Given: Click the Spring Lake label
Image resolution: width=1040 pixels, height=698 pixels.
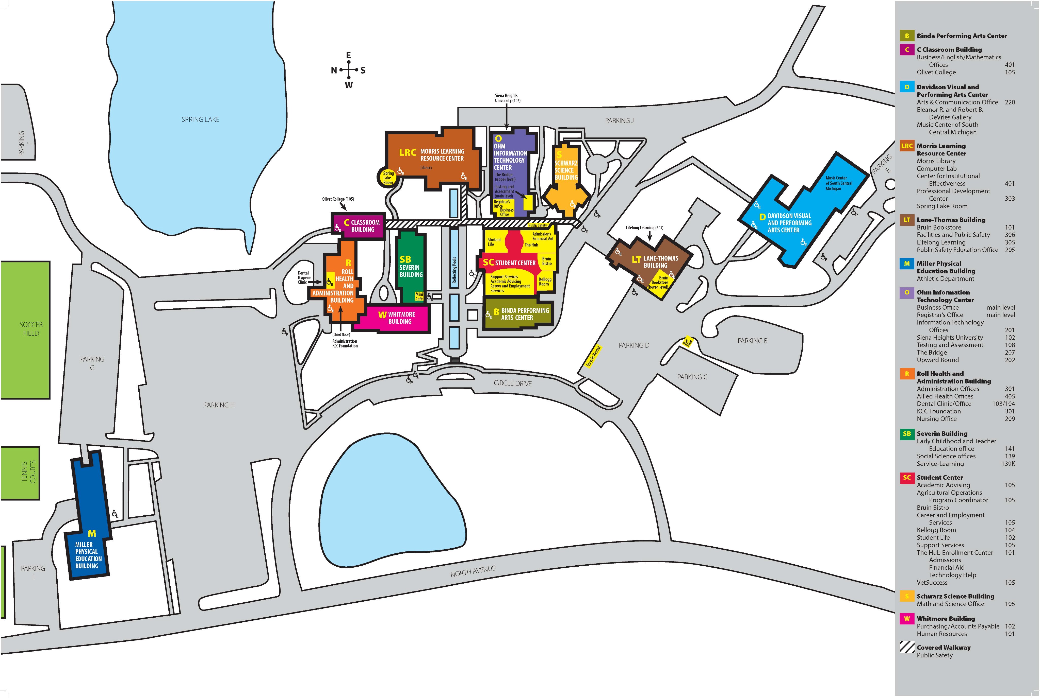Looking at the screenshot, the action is tap(200, 119).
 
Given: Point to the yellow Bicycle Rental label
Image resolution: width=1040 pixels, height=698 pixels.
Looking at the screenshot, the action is tap(593, 356).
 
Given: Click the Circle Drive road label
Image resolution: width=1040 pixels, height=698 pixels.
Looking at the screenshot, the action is tap(512, 383).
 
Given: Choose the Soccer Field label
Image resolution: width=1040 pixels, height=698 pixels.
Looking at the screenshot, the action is tap(31, 329).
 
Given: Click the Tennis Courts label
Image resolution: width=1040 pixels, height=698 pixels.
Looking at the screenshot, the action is tap(28, 472).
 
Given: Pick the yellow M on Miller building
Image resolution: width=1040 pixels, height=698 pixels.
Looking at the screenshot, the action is tap(92, 533).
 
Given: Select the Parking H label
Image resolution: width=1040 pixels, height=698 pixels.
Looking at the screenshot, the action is tap(219, 405).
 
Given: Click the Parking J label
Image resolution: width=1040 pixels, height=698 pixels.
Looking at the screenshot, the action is tap(619, 121).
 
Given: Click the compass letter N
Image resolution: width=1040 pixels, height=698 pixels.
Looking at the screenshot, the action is tap(334, 70).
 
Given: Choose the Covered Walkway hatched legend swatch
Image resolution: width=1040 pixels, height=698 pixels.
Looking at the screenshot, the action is tap(906, 647).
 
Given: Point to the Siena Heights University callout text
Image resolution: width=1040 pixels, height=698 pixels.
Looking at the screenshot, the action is tap(507, 98).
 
